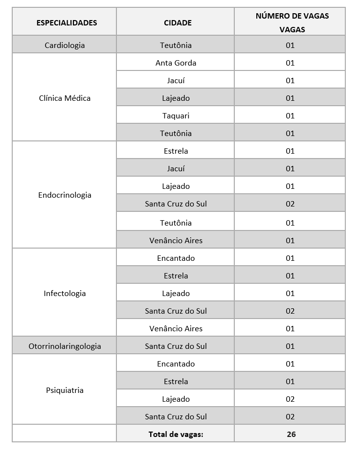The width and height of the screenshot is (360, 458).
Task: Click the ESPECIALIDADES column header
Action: (x=67, y=23)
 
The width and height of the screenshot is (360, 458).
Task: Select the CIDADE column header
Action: (x=178, y=23)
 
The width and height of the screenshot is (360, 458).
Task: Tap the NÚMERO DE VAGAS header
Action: (x=292, y=23)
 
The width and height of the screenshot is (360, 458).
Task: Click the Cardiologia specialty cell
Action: (x=65, y=45)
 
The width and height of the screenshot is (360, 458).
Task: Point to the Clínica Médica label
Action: (x=65, y=98)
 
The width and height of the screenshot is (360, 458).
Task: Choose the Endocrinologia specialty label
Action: (x=65, y=195)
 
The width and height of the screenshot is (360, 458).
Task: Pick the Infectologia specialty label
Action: (x=65, y=293)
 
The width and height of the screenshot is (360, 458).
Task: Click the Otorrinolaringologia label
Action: (x=65, y=346)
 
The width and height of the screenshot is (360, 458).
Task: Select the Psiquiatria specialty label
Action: (x=65, y=390)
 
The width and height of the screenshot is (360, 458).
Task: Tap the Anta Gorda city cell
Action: (x=176, y=63)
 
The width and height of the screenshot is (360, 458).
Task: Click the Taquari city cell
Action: (x=176, y=115)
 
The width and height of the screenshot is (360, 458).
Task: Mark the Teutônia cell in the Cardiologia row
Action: (x=176, y=45)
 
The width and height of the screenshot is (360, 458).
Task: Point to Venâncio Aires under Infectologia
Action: (x=176, y=328)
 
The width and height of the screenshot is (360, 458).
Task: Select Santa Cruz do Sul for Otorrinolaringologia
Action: (x=176, y=346)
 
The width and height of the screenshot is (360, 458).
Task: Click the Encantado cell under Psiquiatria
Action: (x=176, y=364)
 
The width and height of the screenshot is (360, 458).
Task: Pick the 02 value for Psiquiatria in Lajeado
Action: (x=290, y=399)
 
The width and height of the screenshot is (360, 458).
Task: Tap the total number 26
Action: (x=291, y=434)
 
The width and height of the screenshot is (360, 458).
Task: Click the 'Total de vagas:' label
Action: (x=176, y=434)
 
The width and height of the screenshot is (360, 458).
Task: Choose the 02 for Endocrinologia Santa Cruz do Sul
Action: (x=290, y=204)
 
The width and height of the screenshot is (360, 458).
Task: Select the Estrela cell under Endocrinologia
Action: (x=176, y=151)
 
